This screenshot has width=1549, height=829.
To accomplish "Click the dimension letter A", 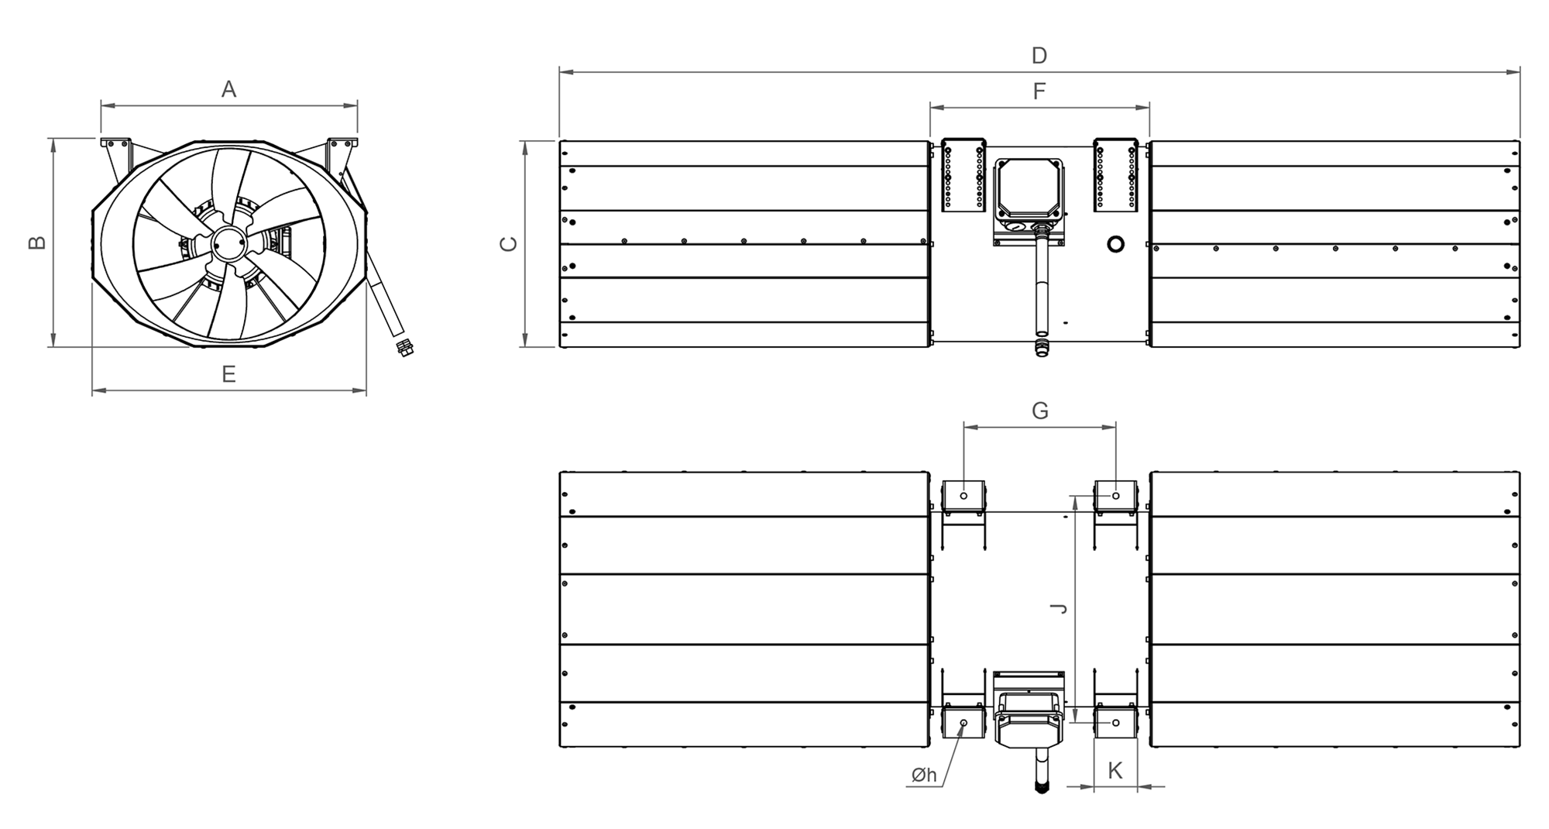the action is click(228, 90).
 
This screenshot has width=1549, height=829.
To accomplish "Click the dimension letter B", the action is click(37, 243).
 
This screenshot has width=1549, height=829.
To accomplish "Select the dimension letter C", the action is click(508, 244).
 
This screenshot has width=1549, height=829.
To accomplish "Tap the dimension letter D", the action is click(1039, 56).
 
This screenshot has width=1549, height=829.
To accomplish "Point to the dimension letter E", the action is click(228, 374).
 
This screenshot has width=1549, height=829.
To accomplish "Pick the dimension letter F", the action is click(1039, 91).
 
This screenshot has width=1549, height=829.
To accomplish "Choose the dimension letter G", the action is click(1040, 411).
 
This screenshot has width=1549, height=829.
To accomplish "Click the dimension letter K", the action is click(1115, 770).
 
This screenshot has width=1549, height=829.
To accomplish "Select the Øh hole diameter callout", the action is click(924, 775).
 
